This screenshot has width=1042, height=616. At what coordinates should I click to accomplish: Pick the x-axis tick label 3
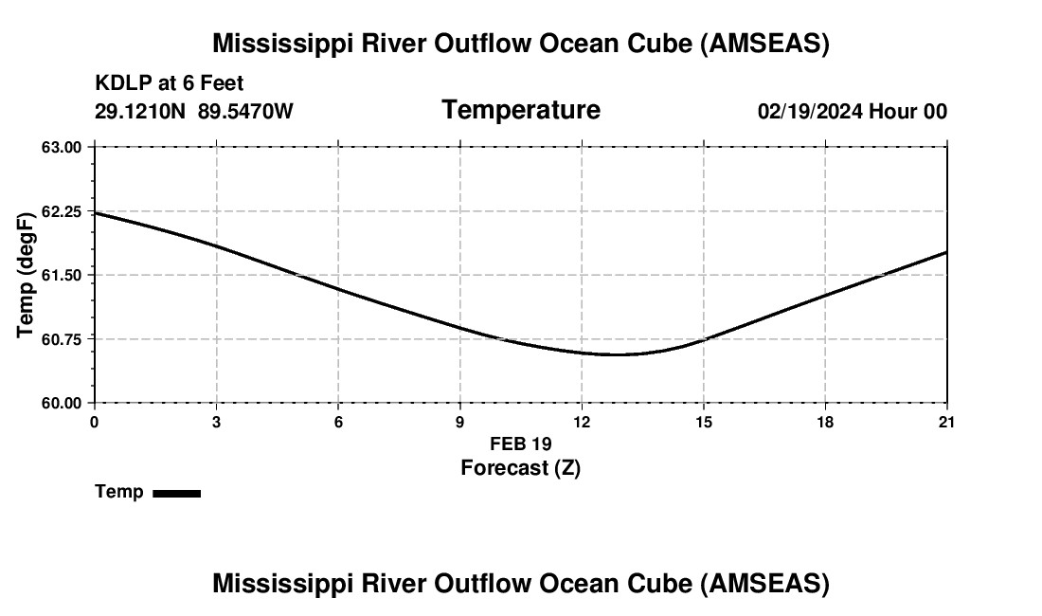(x=217, y=422)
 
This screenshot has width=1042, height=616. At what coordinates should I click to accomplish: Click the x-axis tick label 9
(x=460, y=422)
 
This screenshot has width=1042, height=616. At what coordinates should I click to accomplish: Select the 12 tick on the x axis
(x=582, y=422)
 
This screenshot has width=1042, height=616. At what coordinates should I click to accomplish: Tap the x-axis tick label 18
(x=825, y=422)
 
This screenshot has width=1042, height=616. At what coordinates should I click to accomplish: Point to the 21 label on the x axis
(x=946, y=422)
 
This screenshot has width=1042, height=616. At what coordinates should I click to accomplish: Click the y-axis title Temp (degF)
(x=27, y=275)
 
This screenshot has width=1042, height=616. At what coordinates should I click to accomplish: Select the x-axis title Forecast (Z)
(x=520, y=467)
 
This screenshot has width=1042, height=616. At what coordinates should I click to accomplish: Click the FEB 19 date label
(x=520, y=444)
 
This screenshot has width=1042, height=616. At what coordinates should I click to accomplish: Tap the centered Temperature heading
(x=520, y=110)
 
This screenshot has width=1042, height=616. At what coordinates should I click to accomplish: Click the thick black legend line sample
(x=176, y=493)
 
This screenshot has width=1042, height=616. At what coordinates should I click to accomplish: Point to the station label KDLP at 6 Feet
(x=169, y=84)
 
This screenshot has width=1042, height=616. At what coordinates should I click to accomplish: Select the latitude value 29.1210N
(x=140, y=112)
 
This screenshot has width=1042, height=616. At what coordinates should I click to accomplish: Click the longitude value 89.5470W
(x=245, y=112)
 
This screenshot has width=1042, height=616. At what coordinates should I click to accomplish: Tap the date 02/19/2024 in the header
(x=810, y=112)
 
